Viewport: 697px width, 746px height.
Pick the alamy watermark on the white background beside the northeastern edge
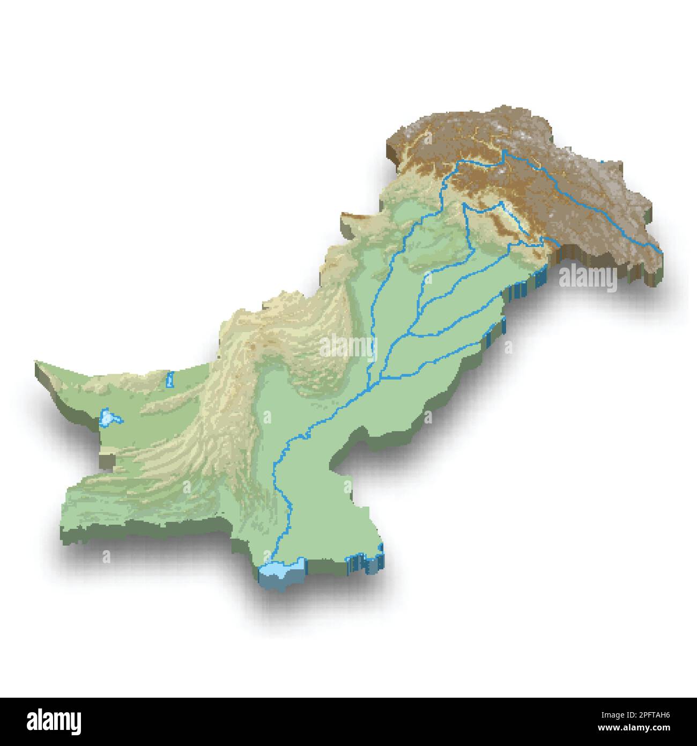tap(588, 277)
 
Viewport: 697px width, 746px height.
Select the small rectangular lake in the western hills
tap(170, 379)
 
